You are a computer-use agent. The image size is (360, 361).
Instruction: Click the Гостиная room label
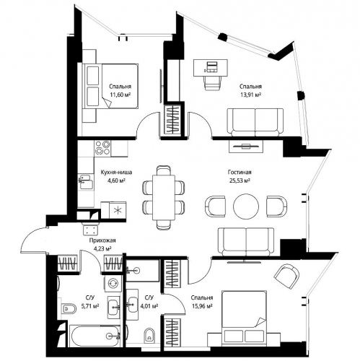(x=240, y=173)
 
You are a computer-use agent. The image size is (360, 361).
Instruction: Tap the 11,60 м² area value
(x=120, y=95)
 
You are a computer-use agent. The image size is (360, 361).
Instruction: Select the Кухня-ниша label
(x=116, y=173)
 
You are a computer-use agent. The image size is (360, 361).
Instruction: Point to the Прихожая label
(x=102, y=240)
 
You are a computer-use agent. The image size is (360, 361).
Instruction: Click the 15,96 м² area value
(x=202, y=306)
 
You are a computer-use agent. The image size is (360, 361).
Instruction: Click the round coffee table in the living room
(x=246, y=206)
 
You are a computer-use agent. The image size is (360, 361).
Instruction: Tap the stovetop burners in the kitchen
(x=102, y=148)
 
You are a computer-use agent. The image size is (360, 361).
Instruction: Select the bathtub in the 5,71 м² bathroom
(x=95, y=336)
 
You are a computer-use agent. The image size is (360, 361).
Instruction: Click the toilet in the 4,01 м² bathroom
(x=149, y=334)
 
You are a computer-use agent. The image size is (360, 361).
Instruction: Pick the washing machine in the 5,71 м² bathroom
(x=113, y=283)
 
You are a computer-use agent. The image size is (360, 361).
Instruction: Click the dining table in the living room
(x=164, y=198)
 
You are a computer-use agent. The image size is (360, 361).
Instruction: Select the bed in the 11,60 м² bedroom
(x=110, y=86)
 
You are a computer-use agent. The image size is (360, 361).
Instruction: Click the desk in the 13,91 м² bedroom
(x=211, y=68)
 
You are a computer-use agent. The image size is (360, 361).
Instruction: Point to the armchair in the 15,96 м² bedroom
(x=287, y=277)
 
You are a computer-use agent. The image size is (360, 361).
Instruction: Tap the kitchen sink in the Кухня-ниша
(x=86, y=182)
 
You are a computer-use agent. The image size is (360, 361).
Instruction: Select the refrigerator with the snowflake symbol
(x=118, y=210)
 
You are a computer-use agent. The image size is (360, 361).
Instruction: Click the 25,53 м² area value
(x=240, y=180)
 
